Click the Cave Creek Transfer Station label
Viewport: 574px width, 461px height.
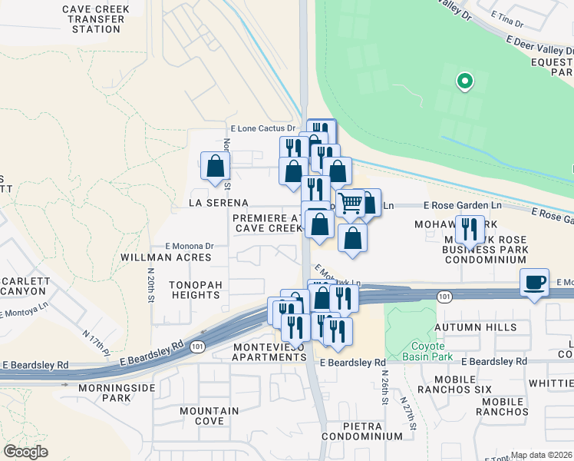point(97,19)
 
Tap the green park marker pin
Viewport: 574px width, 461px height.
point(463,80)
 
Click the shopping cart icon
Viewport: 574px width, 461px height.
point(350,204)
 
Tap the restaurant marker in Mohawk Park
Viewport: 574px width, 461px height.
point(469,228)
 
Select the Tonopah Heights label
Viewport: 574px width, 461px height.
point(196,290)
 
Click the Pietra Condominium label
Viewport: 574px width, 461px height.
point(362,436)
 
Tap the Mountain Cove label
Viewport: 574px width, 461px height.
point(209,416)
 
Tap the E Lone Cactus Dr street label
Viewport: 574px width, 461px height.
point(263,128)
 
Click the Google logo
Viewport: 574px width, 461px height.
point(25,452)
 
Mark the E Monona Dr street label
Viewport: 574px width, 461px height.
point(188,246)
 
